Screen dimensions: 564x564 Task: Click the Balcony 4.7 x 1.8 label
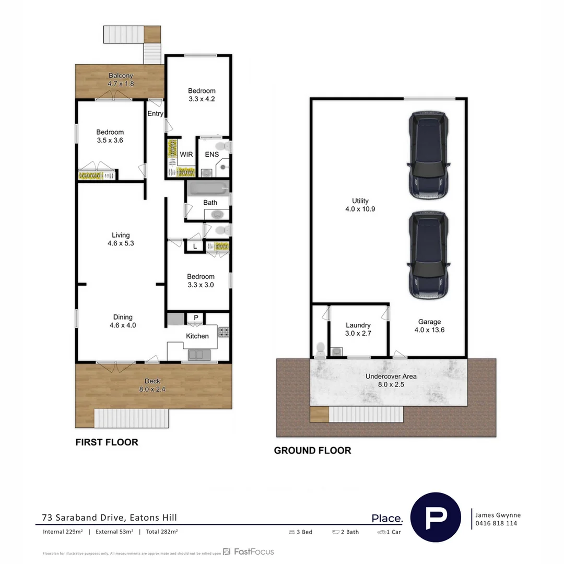(x=121, y=79)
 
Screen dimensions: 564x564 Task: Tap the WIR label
(x=186, y=155)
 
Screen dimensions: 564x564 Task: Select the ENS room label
(x=211, y=155)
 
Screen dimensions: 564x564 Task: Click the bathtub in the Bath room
(x=208, y=187)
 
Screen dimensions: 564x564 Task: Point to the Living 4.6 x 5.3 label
(x=121, y=239)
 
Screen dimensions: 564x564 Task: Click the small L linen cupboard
(x=195, y=246)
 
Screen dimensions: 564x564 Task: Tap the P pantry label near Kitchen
(x=196, y=318)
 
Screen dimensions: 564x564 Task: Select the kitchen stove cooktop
(x=224, y=332)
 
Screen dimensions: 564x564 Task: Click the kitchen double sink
(x=199, y=355)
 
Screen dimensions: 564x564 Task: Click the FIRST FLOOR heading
(x=107, y=442)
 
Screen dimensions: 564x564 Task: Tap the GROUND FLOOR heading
(x=312, y=451)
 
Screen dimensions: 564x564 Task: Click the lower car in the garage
(x=428, y=256)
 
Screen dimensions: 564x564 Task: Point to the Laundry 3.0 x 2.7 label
(x=358, y=329)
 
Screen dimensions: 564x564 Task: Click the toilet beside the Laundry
(x=320, y=348)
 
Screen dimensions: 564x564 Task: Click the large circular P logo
(x=436, y=518)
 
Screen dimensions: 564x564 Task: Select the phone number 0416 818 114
(x=496, y=523)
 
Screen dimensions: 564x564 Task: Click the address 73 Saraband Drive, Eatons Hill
(x=110, y=518)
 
